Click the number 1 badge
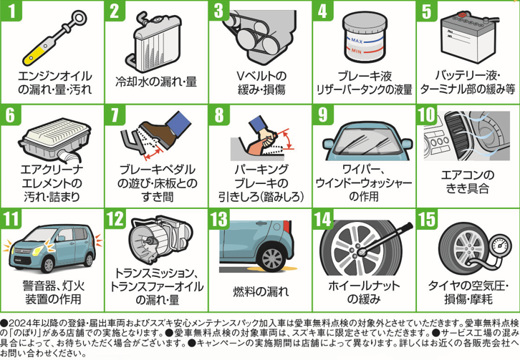11,11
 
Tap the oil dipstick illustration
55,38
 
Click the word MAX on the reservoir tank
357,41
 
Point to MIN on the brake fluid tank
357,52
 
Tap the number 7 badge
115,115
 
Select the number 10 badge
427,115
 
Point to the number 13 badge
219,219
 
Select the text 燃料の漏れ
261,292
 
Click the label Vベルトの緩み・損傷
261,83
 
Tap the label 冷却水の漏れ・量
156,82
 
